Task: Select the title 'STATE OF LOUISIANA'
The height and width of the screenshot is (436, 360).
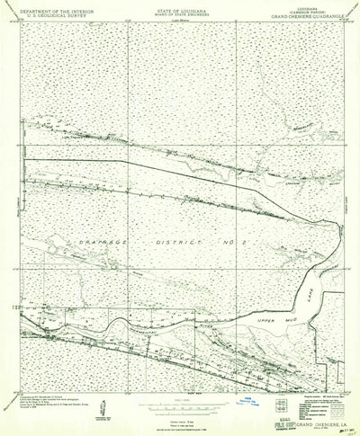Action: coord(176,8)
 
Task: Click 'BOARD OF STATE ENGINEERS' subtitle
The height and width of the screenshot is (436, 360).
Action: coord(176,13)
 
